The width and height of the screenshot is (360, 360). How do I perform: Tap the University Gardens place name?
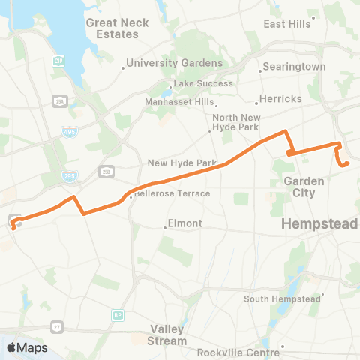tap(174, 63)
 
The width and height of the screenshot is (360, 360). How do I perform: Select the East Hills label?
tap(287, 24)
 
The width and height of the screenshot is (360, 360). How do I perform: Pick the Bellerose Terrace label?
tap(172, 193)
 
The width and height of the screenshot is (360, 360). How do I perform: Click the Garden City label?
tap(304, 187)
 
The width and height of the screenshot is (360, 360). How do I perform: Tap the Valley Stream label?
tap(168, 334)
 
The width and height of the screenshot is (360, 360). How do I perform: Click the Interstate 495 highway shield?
tap(67, 132)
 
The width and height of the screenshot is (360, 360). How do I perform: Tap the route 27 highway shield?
tap(57, 326)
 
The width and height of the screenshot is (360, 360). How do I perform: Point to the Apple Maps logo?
tap(27, 347)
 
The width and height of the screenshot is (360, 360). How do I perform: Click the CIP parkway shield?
tap(58, 59)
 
